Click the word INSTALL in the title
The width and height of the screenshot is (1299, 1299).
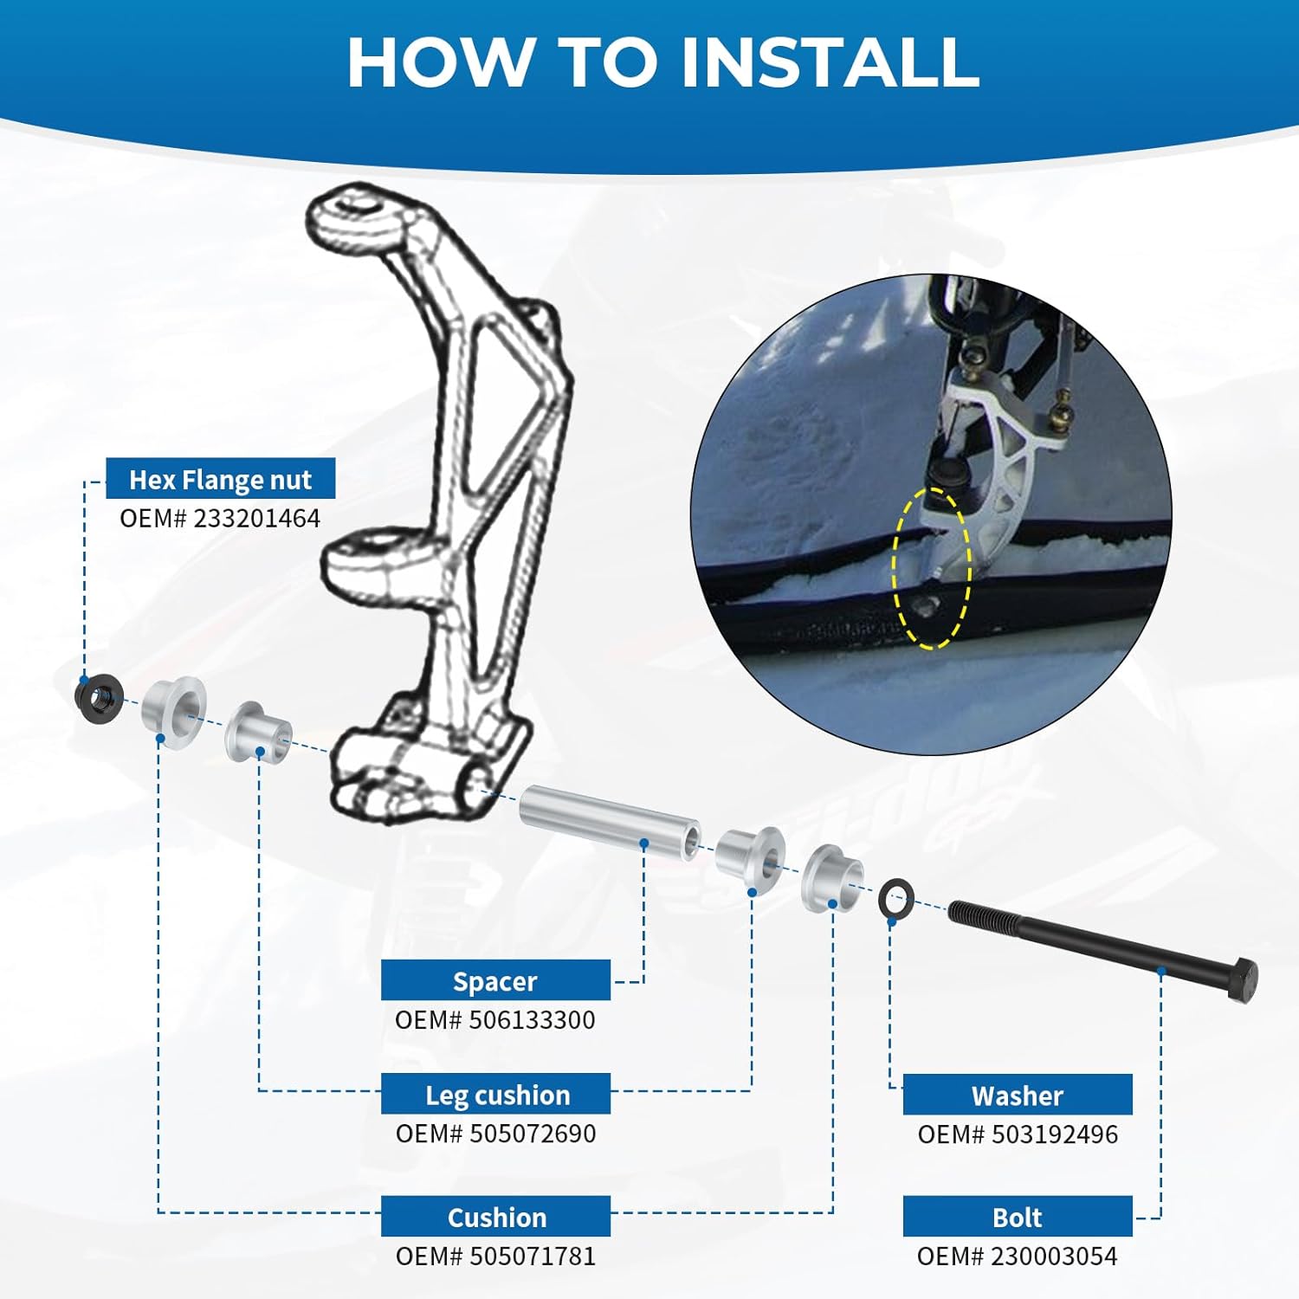[x=830, y=62]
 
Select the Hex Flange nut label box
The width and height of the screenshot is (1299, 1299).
[x=220, y=479]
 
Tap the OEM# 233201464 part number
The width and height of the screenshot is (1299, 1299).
[x=220, y=518]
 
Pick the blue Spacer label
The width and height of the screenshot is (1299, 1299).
[x=495, y=980]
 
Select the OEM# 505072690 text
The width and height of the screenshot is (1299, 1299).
[x=495, y=1133]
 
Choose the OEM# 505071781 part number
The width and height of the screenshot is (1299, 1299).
[x=495, y=1256]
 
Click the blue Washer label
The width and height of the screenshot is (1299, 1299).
[x=1018, y=1095]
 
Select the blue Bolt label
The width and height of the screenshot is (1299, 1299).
[x=1018, y=1217]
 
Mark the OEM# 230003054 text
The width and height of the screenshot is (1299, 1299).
[x=1018, y=1256]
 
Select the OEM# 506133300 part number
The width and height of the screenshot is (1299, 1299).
[x=495, y=1019]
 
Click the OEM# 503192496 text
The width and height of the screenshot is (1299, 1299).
[x=1018, y=1134]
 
